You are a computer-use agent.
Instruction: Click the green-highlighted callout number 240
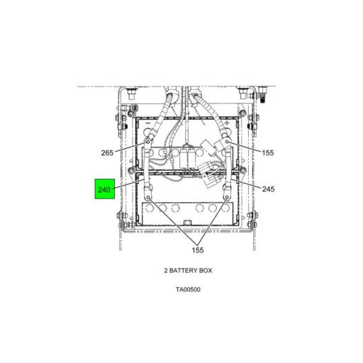(104, 189)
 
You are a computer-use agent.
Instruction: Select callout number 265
(107, 153)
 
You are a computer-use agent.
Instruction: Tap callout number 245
(268, 189)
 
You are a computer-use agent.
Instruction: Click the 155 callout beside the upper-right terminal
(268, 153)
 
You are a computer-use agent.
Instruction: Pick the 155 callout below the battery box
(198, 250)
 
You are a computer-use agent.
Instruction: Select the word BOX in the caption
(206, 270)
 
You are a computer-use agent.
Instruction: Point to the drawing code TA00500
(188, 289)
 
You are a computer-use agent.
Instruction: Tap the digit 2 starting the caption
(166, 270)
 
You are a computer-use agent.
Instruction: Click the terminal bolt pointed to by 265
(148, 142)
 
